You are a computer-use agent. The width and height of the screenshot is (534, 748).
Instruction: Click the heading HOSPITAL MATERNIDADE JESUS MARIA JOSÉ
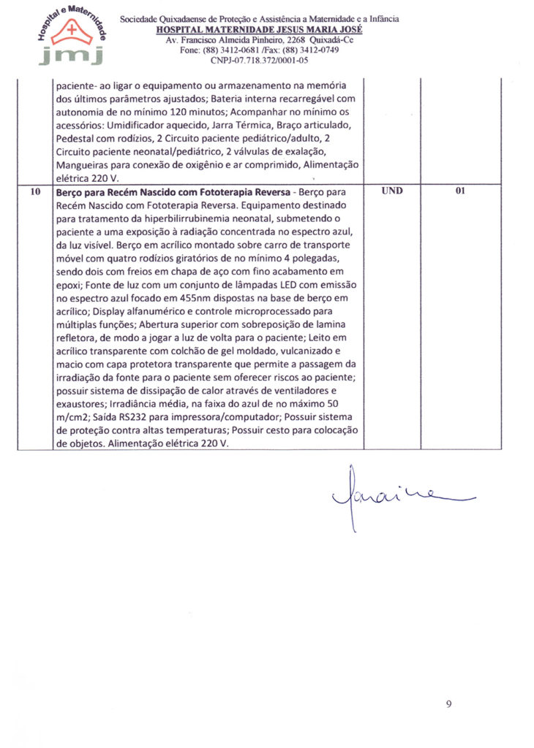[x=259, y=30]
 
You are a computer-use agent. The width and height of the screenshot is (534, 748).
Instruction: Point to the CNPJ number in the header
[x=259, y=61]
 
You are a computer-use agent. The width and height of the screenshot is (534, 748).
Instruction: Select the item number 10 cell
[x=35, y=191]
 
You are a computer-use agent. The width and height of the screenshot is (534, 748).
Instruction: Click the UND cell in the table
[x=391, y=191]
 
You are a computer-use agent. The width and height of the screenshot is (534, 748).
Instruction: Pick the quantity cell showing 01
[x=460, y=191]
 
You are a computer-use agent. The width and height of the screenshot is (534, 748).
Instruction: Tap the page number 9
[x=448, y=703]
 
